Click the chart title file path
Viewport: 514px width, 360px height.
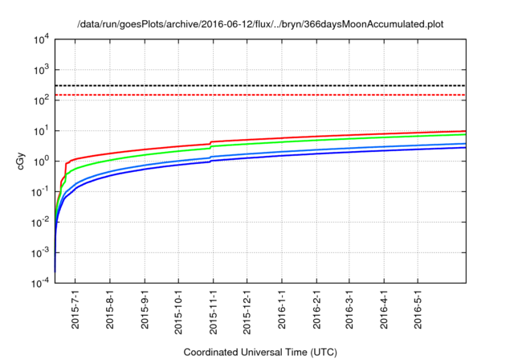[x=260, y=25]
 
